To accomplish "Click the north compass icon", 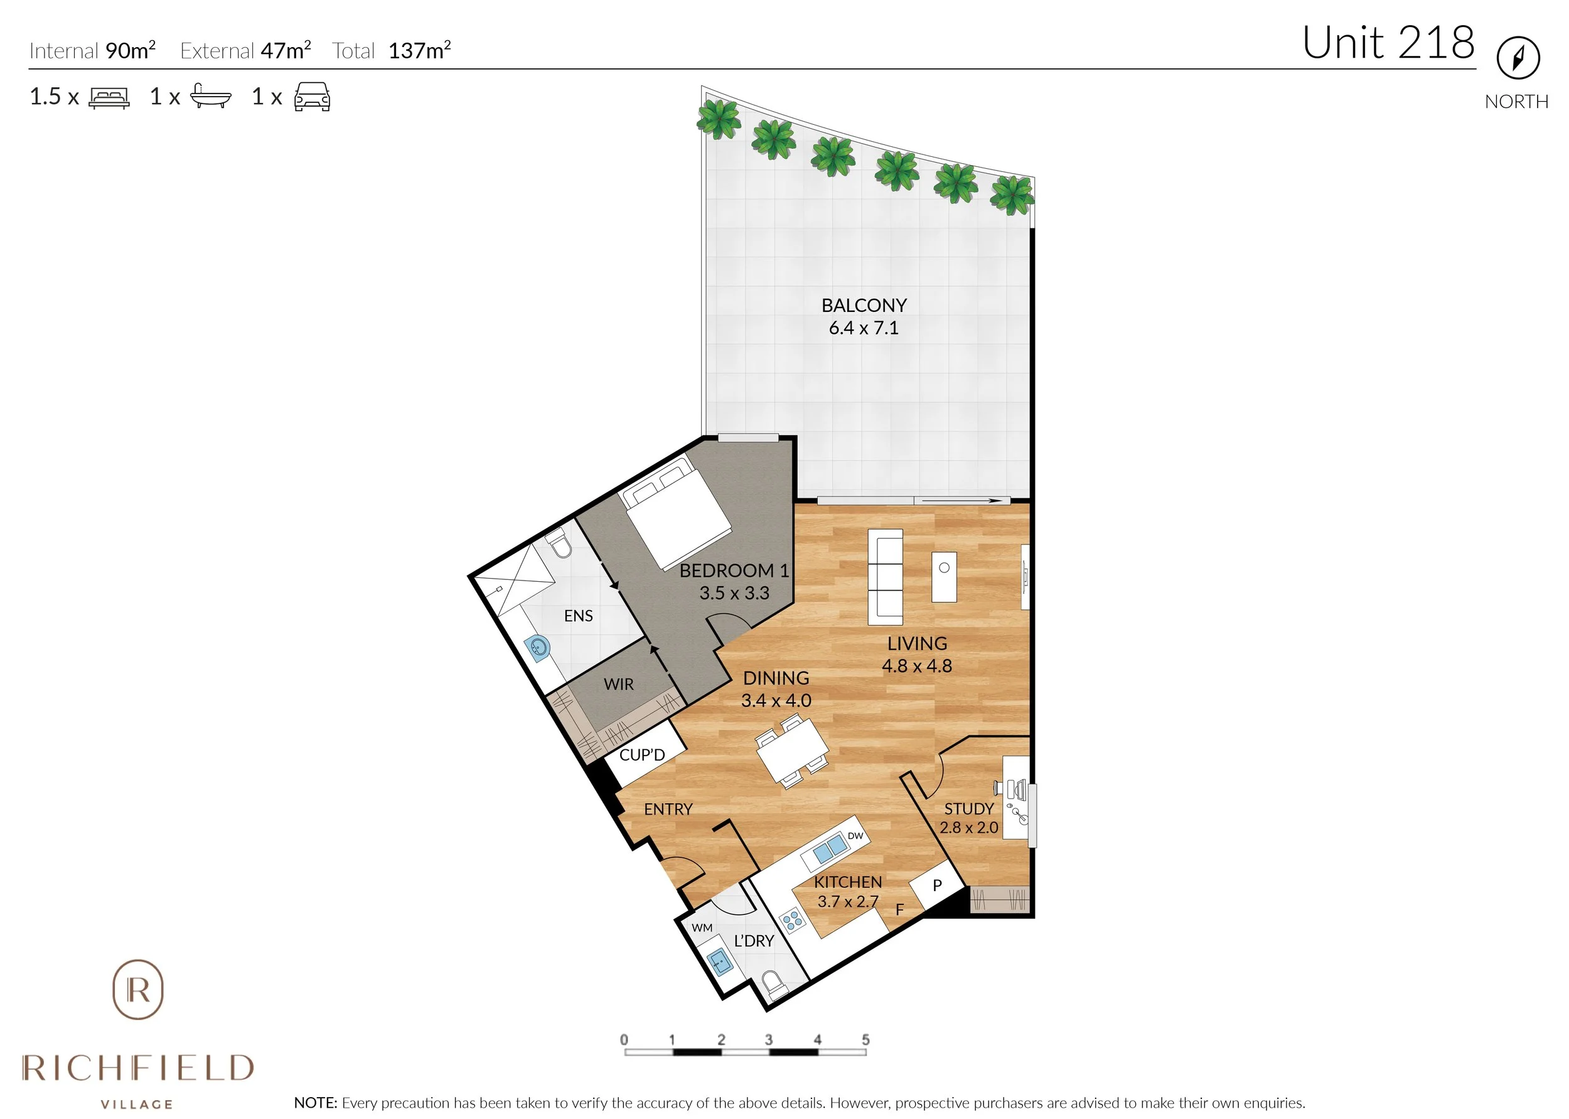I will (x=1518, y=58).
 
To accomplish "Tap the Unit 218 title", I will (x=1388, y=43).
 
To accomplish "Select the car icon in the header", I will (x=312, y=97).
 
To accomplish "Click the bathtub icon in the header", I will (x=210, y=97).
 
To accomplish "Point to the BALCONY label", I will (x=864, y=305).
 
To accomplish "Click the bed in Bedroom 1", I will (x=676, y=513).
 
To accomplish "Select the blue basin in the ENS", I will (x=537, y=648).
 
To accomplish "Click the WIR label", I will (x=618, y=684).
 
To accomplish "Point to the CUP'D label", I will (x=641, y=754).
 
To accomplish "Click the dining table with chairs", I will (x=793, y=751).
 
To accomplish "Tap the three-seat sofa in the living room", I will (x=886, y=577).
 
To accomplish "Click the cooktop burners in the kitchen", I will (x=793, y=921).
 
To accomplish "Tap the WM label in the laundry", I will (x=702, y=928).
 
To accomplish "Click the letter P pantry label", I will (x=936, y=886).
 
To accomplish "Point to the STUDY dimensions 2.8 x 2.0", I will (x=969, y=828).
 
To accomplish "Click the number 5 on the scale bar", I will (x=865, y=1039).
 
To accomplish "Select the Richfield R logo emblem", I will (x=138, y=990).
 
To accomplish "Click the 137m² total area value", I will (x=419, y=50).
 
